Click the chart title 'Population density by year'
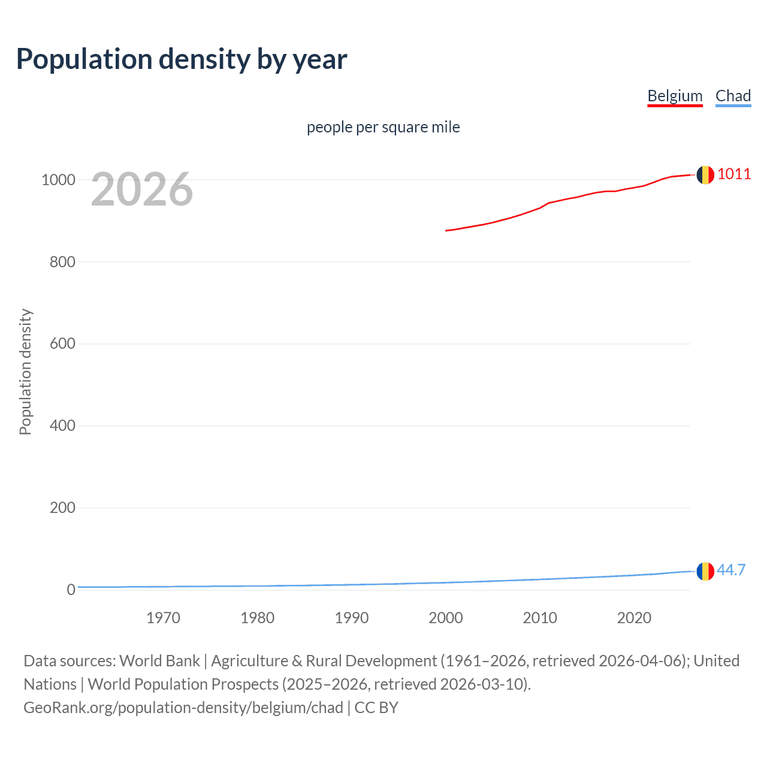182,59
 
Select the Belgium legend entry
675,96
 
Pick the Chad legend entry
733,96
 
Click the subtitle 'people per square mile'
383,127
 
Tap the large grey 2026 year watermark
142,189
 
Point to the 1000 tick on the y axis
58,180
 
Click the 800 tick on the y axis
62,262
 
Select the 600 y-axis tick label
62,344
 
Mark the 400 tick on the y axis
62,426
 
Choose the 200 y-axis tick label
62,508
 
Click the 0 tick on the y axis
71,590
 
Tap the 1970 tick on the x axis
163,618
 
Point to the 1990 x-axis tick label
352,618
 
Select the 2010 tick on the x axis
540,618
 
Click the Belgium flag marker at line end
705,175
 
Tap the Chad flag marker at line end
705,572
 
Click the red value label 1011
734,174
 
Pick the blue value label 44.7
731,570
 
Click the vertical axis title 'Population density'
25,372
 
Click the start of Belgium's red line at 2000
446,230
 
